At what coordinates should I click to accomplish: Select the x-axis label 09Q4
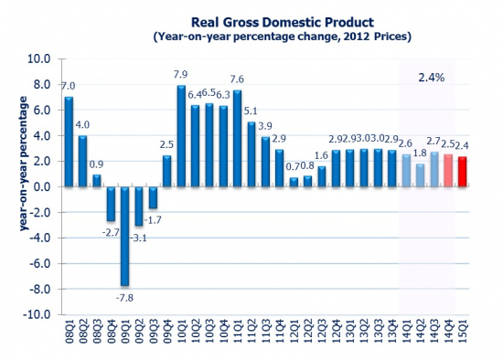tap(166, 334)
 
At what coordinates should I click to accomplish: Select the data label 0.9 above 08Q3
tap(96, 164)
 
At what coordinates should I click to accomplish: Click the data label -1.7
tap(155, 220)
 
